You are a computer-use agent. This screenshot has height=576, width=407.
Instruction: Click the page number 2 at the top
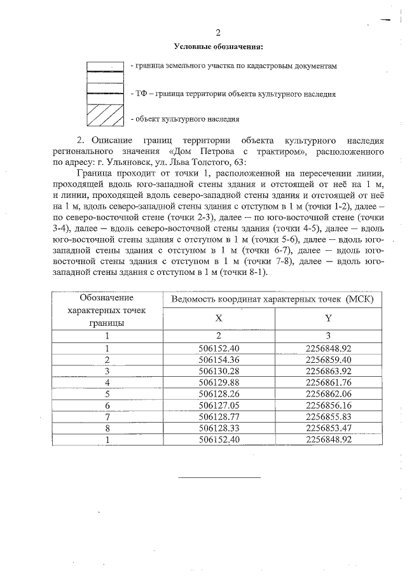click(x=217, y=33)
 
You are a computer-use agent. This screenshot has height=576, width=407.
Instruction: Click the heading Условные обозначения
click(x=217, y=46)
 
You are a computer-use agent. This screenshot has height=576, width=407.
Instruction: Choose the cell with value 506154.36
click(x=218, y=360)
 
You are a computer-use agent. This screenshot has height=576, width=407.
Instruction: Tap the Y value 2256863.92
click(x=328, y=370)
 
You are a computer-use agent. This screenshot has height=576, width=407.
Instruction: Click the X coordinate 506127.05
click(x=218, y=405)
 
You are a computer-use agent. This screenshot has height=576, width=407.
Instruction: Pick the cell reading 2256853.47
click(x=328, y=428)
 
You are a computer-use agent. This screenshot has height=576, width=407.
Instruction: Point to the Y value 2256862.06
click(x=328, y=393)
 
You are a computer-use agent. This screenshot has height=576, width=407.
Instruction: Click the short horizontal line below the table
click(x=219, y=476)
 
